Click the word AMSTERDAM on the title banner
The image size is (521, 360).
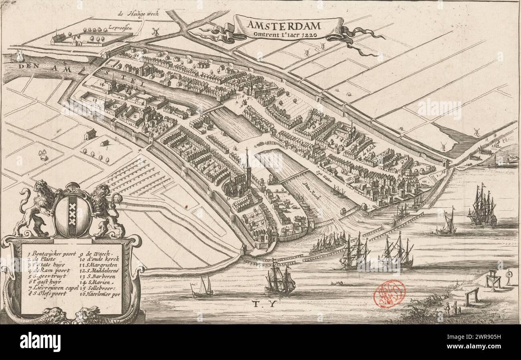[284, 25]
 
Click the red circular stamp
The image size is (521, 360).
[389, 294]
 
